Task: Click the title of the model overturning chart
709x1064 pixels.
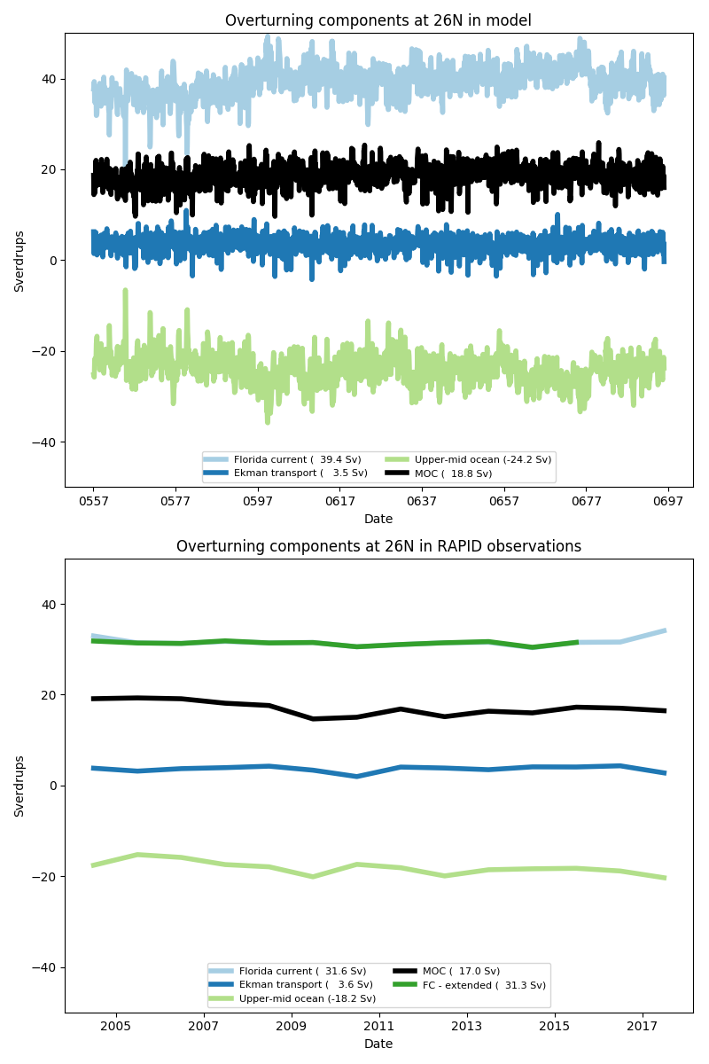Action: point(378,20)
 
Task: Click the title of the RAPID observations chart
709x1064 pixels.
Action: point(378,546)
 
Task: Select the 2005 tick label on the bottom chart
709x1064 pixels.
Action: point(115,1027)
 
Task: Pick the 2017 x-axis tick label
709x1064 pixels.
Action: point(643,1027)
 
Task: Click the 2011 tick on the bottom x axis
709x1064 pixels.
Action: point(379,1027)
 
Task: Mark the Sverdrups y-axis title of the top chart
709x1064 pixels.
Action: point(19,260)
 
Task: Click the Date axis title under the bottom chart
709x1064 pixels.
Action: point(378,1044)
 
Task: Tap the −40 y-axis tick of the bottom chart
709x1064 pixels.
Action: point(43,967)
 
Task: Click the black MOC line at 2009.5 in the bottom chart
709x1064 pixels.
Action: point(313,718)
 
